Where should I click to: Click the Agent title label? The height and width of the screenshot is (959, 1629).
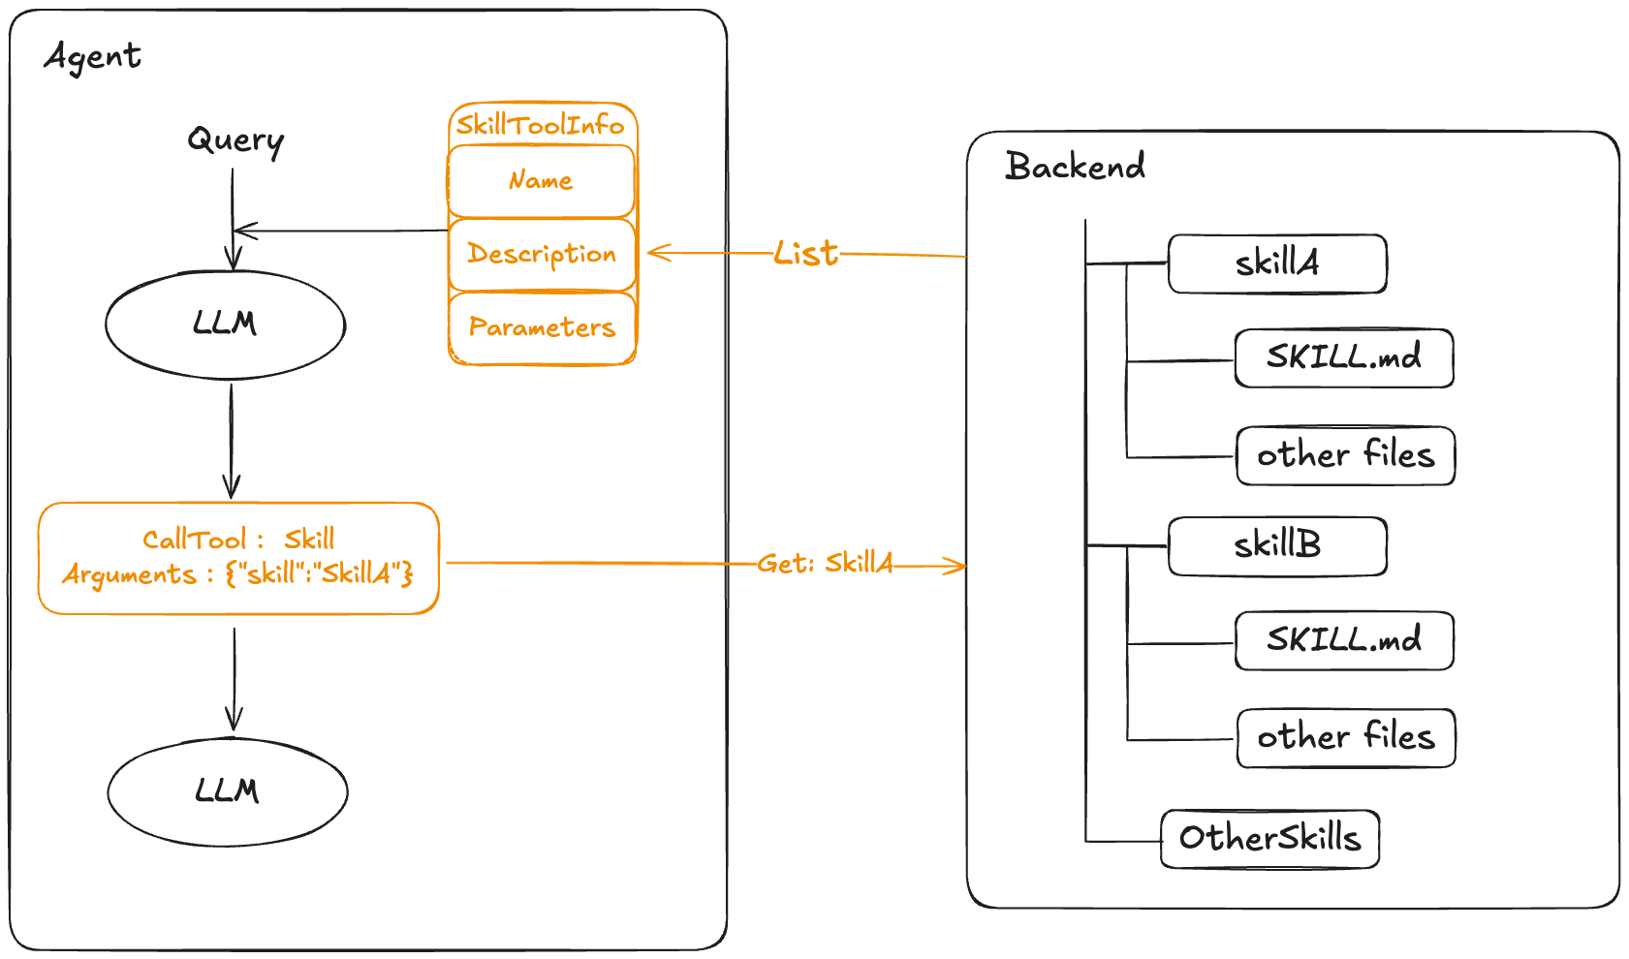(x=92, y=56)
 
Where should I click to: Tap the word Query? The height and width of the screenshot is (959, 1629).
(x=235, y=140)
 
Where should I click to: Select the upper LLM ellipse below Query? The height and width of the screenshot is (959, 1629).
(x=225, y=324)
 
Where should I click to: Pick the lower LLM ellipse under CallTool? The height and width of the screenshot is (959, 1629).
(x=228, y=793)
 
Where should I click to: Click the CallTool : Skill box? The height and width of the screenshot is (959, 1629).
(x=238, y=558)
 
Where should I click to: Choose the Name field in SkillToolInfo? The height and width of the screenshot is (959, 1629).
(x=541, y=180)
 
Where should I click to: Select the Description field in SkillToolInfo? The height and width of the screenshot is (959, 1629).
(x=541, y=254)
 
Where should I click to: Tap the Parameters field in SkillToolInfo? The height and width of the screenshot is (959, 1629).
(x=541, y=327)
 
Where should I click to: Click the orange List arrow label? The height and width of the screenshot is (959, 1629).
(x=806, y=254)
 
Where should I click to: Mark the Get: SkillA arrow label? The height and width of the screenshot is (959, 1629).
(x=825, y=563)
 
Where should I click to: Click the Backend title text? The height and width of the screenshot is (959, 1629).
(x=1076, y=167)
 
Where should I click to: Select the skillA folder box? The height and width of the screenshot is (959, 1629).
(x=1277, y=263)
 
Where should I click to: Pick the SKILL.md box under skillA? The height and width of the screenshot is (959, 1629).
(x=1344, y=357)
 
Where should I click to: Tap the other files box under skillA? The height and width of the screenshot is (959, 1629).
(x=1345, y=454)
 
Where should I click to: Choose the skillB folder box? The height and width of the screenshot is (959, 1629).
(x=1277, y=545)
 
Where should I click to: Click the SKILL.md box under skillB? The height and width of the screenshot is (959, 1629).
(x=1344, y=639)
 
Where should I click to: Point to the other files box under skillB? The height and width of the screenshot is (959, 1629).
(x=1346, y=737)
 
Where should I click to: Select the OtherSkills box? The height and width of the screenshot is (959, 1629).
(x=1269, y=838)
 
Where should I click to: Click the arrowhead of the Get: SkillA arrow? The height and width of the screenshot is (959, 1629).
(x=959, y=566)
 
